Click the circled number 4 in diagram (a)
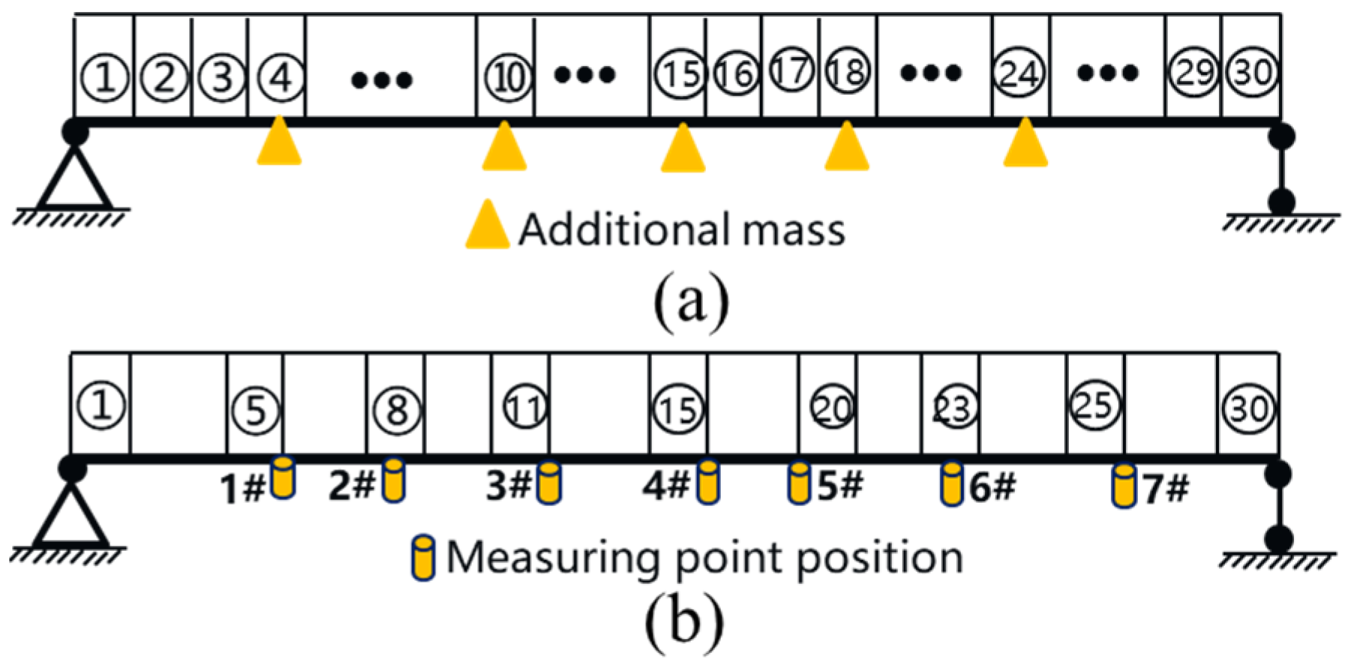[280, 76]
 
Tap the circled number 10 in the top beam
[508, 76]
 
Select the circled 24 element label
[1019, 73]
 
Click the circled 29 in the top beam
[1193, 72]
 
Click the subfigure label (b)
[684, 621]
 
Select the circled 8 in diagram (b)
[396, 409]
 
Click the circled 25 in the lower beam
[1094, 406]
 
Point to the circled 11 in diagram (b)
[524, 408]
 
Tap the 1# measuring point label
[242, 489]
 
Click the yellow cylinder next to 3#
[549, 483]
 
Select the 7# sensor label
[1166, 489]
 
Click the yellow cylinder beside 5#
[799, 483]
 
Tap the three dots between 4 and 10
[382, 79]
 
